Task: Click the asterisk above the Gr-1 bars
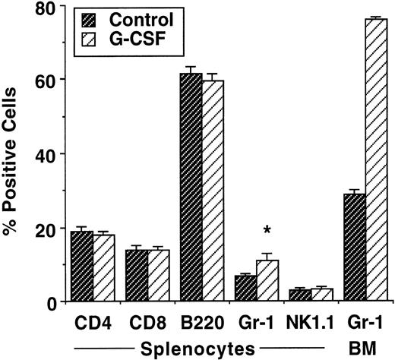coord(267,230)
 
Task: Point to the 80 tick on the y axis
coord(46,8)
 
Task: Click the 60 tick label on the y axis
coord(46,81)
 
